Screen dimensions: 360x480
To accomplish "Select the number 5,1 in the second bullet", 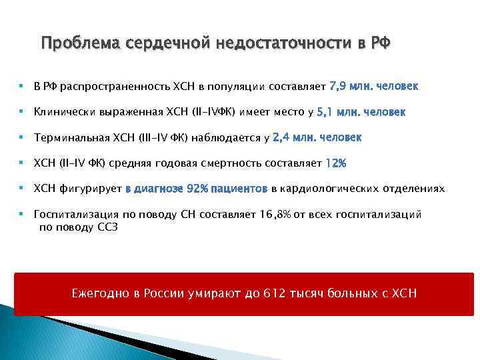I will tap(326, 112).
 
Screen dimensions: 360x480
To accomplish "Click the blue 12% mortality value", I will tap(336, 163).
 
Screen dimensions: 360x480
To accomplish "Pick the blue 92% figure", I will tap(197, 189).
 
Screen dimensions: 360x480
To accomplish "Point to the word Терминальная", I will tap(72, 138).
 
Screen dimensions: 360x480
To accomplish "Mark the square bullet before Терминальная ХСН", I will tap(21, 138).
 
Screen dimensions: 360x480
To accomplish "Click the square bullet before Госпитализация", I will tap(21, 215).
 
